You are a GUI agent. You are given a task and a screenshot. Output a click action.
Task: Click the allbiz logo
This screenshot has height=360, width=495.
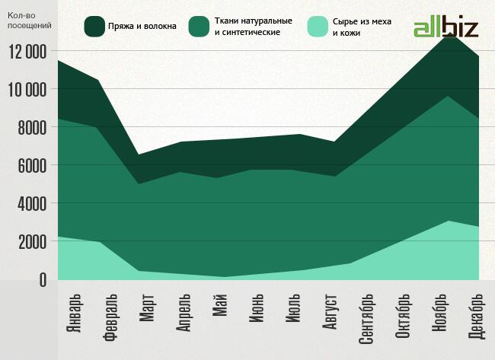[x=445, y=28]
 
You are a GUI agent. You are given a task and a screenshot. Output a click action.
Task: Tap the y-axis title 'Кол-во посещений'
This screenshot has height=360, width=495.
[x=29, y=21]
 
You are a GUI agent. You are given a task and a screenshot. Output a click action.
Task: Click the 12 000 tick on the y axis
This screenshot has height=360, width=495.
[x=27, y=52]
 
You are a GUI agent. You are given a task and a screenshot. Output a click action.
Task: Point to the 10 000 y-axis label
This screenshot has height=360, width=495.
[x=27, y=90]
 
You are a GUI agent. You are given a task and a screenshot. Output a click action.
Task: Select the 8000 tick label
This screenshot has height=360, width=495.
[x=31, y=128]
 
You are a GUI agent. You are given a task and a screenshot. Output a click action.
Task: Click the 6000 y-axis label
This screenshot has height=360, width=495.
[x=31, y=166]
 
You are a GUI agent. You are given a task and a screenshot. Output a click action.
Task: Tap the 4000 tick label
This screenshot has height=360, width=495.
[x=31, y=204]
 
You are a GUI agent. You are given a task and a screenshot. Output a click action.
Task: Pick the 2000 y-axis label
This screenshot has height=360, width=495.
[x=31, y=242]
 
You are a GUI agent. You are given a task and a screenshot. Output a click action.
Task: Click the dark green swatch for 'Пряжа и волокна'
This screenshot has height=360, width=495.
[x=95, y=27]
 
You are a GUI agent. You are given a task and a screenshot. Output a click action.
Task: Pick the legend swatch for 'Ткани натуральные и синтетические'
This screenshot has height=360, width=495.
[x=200, y=27]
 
